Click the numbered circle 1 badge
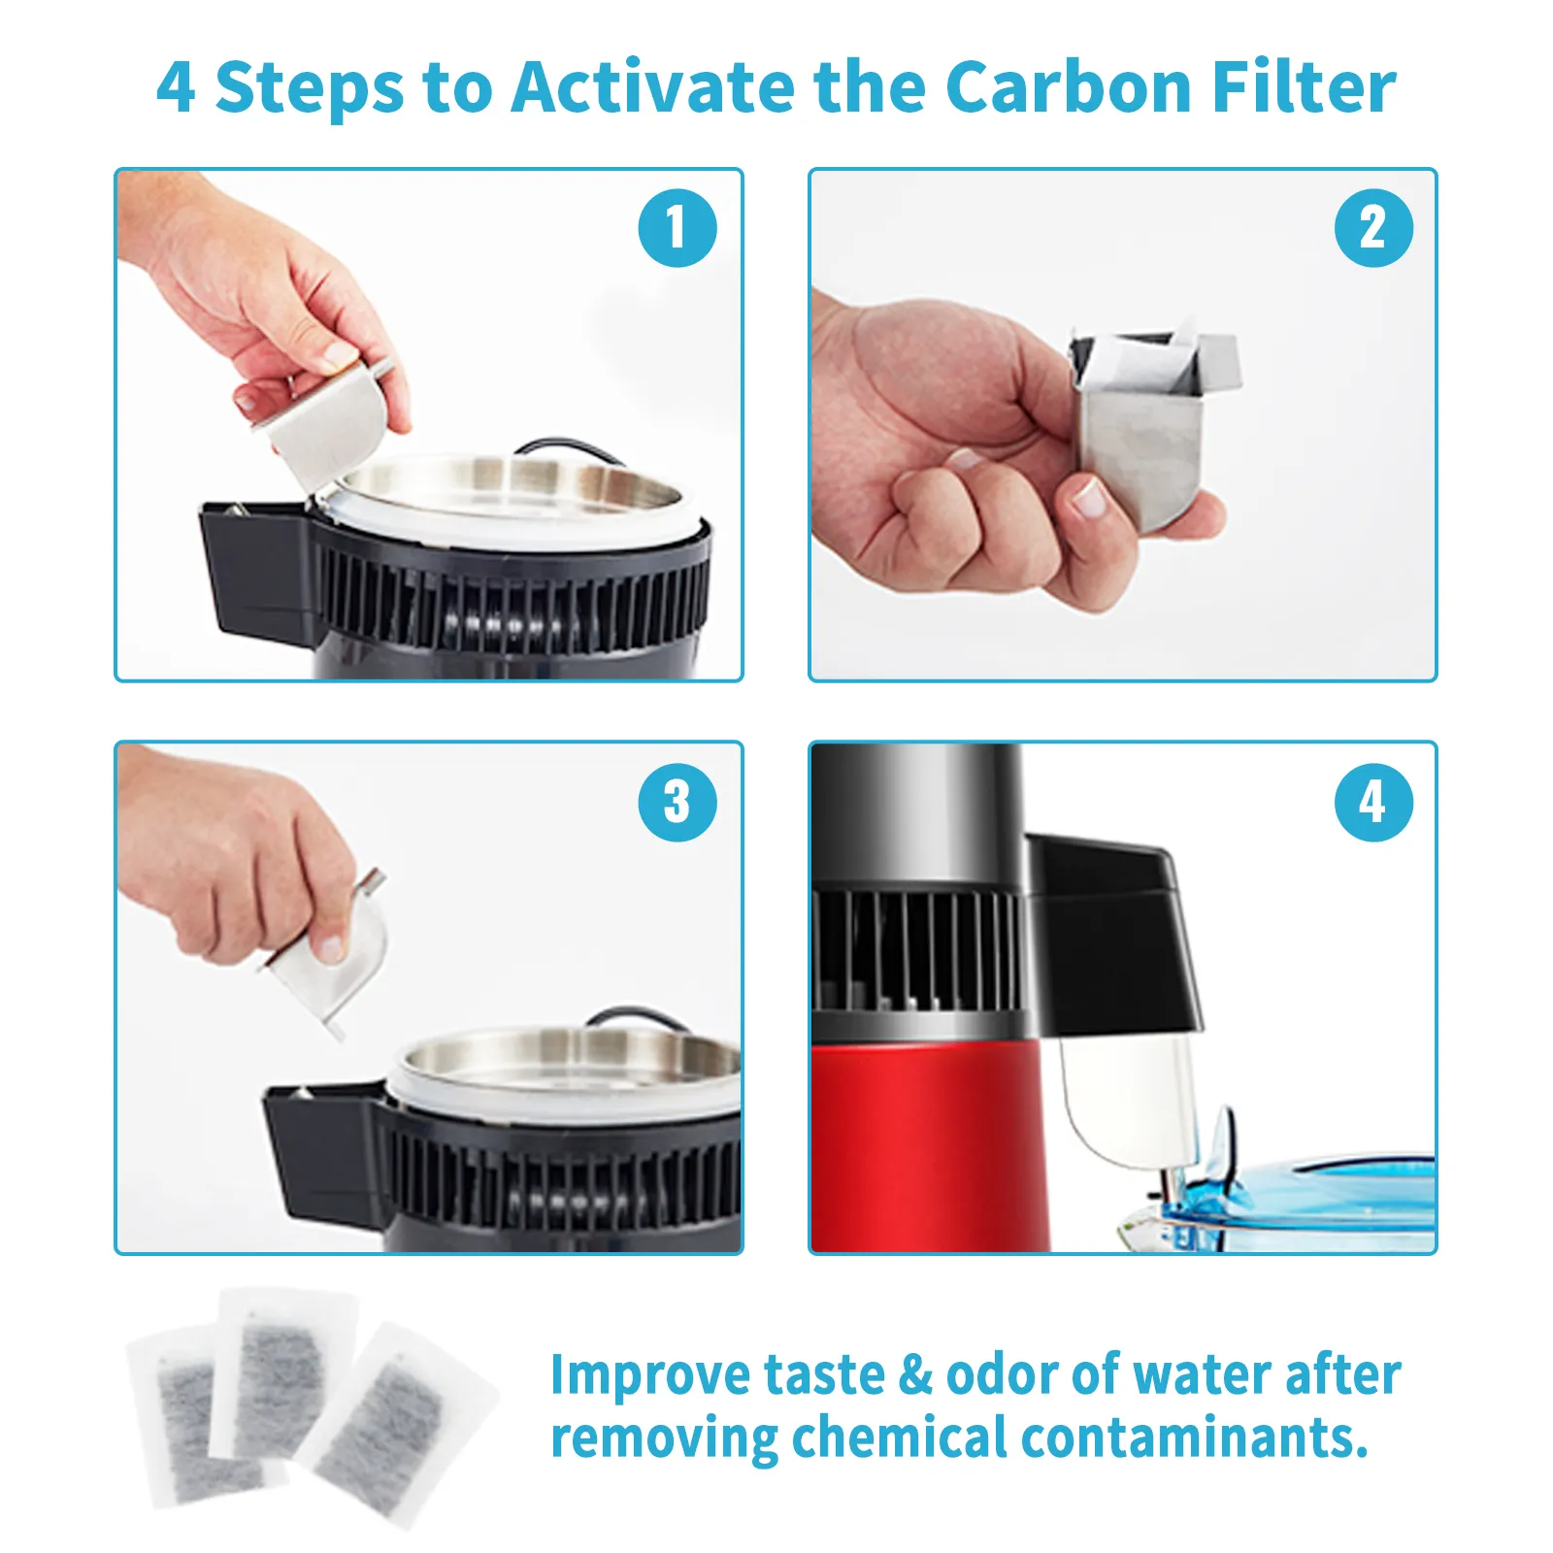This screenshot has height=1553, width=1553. (677, 228)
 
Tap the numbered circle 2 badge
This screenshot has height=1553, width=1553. (1372, 228)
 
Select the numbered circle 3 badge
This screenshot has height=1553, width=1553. (677, 802)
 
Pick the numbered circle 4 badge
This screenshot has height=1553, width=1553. (1372, 802)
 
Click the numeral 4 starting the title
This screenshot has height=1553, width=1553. (176, 87)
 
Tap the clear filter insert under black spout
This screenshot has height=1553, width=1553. (1126, 1102)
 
